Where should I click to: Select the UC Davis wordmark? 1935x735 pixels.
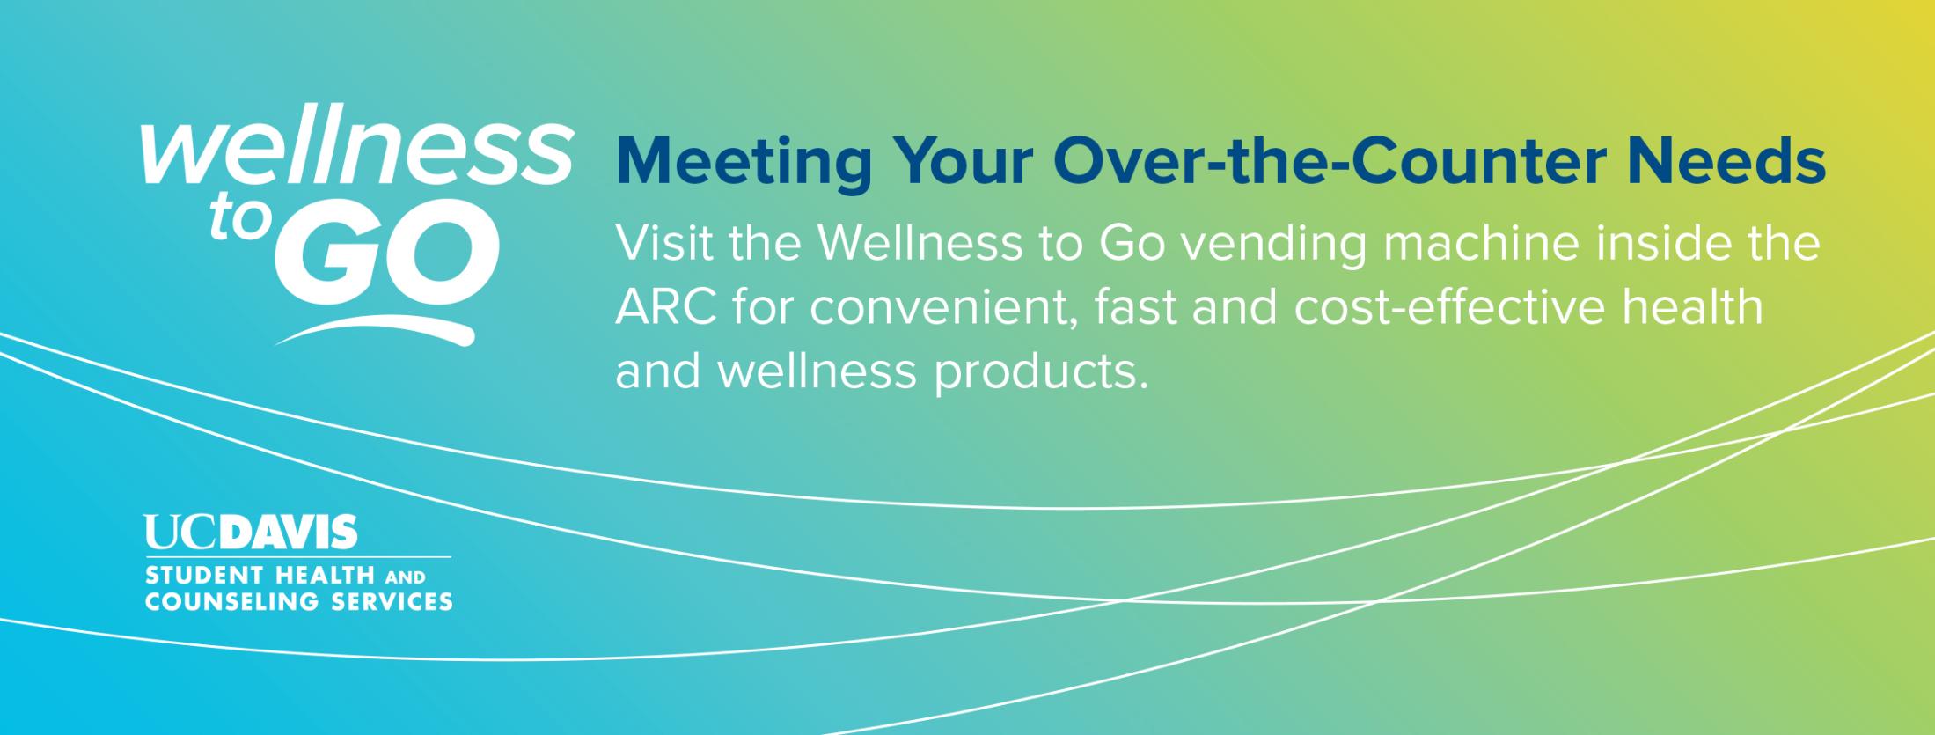coord(252,533)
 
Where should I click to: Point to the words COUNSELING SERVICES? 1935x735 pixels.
coord(299,602)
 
